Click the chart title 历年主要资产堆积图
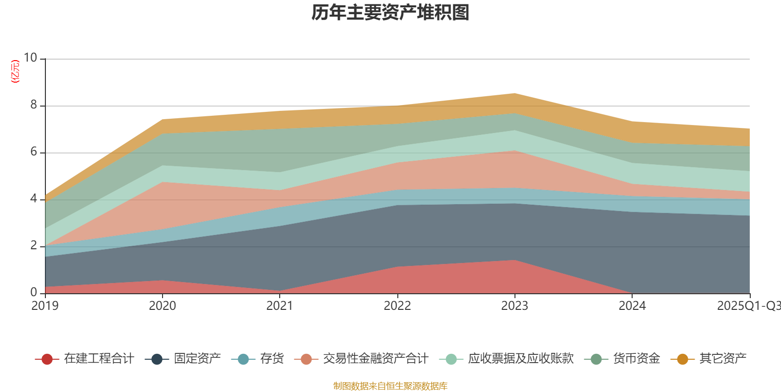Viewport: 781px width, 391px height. [390, 13]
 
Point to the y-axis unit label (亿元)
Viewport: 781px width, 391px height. [16, 71]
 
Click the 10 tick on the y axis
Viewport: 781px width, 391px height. [30, 58]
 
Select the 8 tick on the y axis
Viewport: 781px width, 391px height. [34, 105]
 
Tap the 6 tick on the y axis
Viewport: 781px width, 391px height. [34, 152]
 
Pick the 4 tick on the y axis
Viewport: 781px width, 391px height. [34, 198]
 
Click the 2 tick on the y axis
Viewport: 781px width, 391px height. [34, 245]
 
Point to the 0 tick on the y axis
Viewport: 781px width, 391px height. [34, 292]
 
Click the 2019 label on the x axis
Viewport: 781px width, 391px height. [45, 306]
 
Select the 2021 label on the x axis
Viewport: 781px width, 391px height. [280, 306]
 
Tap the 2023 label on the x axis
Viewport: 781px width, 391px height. [514, 306]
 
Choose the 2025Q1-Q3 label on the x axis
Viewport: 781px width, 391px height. [748, 306]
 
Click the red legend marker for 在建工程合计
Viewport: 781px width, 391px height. [47, 359]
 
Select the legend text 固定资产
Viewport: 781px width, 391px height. [197, 359]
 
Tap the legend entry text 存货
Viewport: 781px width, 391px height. [272, 359]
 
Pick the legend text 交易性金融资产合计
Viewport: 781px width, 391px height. [375, 359]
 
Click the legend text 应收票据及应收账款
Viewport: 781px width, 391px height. [520, 359]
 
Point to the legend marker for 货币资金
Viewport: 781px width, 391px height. [596, 359]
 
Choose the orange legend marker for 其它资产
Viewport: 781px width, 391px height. [682, 359]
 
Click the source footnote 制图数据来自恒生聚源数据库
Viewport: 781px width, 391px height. [390, 386]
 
